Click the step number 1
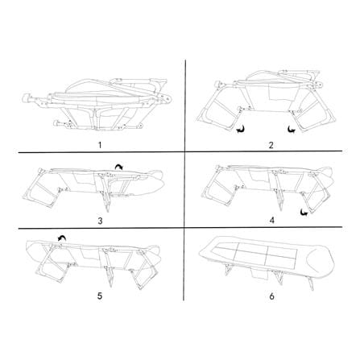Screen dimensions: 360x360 click(x=100, y=145)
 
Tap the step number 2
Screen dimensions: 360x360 click(x=271, y=145)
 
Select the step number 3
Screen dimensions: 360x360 click(x=100, y=221)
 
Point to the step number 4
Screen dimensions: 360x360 click(x=272, y=221)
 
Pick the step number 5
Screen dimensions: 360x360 click(x=100, y=296)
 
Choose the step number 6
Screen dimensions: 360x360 click(x=272, y=296)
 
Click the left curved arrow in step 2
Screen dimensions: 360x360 click(x=241, y=130)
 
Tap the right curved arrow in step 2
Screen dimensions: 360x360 click(x=291, y=130)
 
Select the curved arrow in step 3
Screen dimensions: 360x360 click(x=118, y=168)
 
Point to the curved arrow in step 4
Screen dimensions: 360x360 click(x=304, y=212)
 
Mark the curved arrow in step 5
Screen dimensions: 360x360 click(x=62, y=237)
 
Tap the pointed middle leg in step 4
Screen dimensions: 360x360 click(x=279, y=200)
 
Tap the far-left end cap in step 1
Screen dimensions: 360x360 click(x=26, y=98)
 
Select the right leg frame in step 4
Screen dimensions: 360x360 click(x=317, y=193)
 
